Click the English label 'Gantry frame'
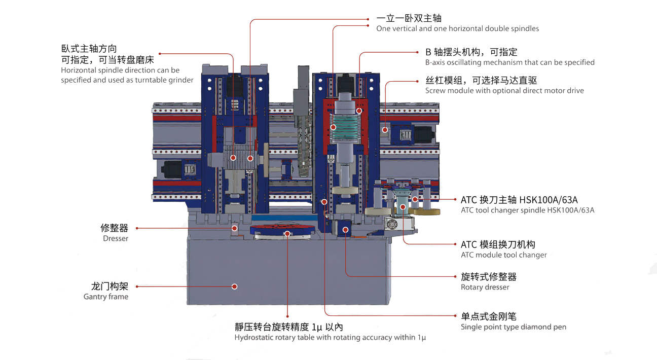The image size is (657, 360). pos(105,297)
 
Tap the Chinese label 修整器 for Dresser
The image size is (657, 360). pos(114,228)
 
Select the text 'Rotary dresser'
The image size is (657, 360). pos(485,287)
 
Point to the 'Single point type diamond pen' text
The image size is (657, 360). pos(513,327)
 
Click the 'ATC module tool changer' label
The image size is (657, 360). pos(503,255)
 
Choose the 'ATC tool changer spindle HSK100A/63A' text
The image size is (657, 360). pos(527,210)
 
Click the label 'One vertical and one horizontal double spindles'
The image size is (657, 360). pos(457,29)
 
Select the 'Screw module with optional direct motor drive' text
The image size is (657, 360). pos(504,91)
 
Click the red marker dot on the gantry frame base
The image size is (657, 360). pos(234,286)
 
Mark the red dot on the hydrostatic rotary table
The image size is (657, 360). pos(287,234)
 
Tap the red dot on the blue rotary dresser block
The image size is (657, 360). pos(346,230)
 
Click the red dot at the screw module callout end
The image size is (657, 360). pos(385,130)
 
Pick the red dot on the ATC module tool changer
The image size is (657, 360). pos(403,206)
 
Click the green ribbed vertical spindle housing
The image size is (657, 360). pos(345,129)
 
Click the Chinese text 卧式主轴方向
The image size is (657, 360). pos(89,49)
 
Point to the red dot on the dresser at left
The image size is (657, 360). pos(234,228)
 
